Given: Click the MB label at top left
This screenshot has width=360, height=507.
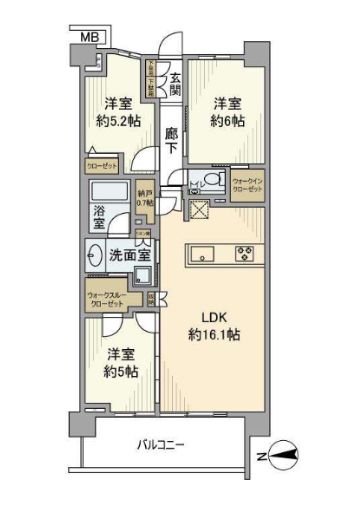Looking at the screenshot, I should [91, 36].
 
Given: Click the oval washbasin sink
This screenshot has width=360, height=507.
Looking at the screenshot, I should [96, 254].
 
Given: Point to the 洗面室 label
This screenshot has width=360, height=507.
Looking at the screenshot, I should [128, 255].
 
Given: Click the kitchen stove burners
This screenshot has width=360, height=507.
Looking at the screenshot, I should [243, 253].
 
